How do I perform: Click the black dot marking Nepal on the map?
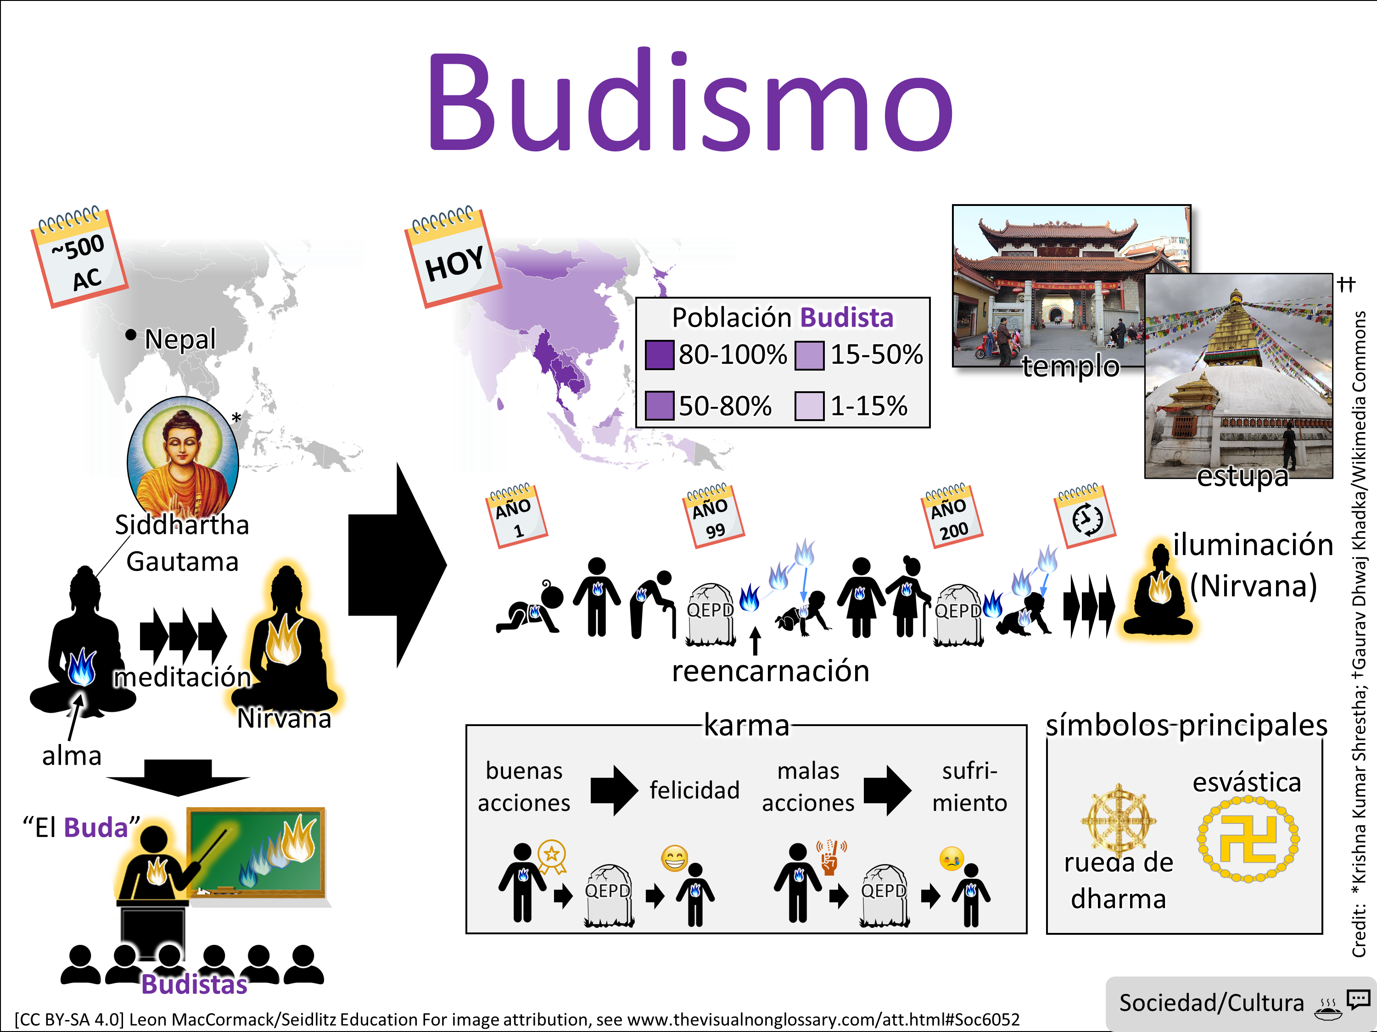tap(131, 335)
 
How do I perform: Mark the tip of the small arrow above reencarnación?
tap(755, 627)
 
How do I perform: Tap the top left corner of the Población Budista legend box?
tap(636, 298)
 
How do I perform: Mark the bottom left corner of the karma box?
tap(467, 933)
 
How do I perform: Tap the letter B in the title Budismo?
tap(462, 103)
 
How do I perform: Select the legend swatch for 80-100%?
tap(659, 355)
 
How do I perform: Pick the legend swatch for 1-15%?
tap(809, 406)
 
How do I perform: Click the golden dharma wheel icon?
tap(1119, 819)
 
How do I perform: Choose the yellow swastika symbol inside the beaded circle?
tap(1248, 839)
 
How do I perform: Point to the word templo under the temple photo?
tap(1071, 366)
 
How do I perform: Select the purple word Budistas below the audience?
tap(194, 985)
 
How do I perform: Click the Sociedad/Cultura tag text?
tap(1211, 1003)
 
